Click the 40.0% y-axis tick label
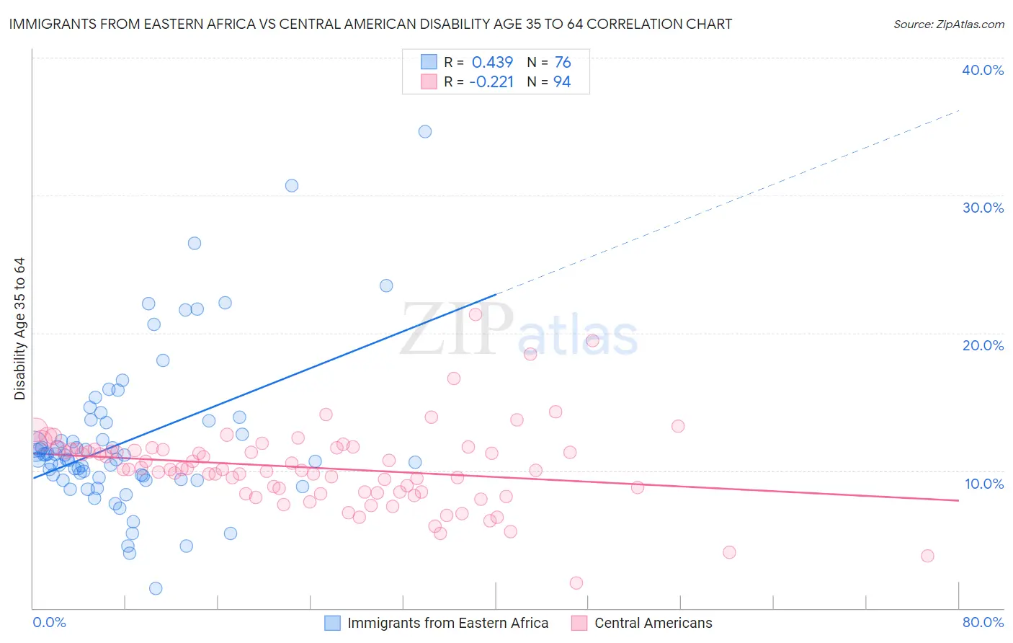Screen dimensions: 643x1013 (x=983, y=70)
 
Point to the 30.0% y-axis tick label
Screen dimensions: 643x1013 (x=983, y=208)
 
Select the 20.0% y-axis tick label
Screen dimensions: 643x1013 (x=983, y=345)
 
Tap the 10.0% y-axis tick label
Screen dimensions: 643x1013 (x=983, y=484)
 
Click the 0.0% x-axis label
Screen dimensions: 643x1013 (x=49, y=622)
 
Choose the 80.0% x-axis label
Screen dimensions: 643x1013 (x=983, y=622)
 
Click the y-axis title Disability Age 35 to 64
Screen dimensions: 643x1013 (x=19, y=329)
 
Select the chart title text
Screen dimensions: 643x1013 (x=370, y=24)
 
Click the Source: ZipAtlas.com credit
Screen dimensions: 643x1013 (x=948, y=24)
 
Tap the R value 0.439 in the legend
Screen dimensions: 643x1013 (x=492, y=62)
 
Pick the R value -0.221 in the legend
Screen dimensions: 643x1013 (x=491, y=81)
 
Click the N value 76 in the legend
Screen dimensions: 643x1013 (x=563, y=62)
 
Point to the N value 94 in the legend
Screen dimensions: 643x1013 (x=562, y=81)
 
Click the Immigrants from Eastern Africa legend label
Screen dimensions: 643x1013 (x=447, y=623)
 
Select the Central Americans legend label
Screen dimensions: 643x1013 (x=653, y=623)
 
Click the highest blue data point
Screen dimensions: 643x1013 (x=425, y=131)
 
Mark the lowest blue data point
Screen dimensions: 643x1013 (x=156, y=588)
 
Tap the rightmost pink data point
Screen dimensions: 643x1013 (x=927, y=556)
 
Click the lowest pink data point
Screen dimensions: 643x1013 (x=576, y=582)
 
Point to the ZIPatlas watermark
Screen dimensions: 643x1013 (x=519, y=330)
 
